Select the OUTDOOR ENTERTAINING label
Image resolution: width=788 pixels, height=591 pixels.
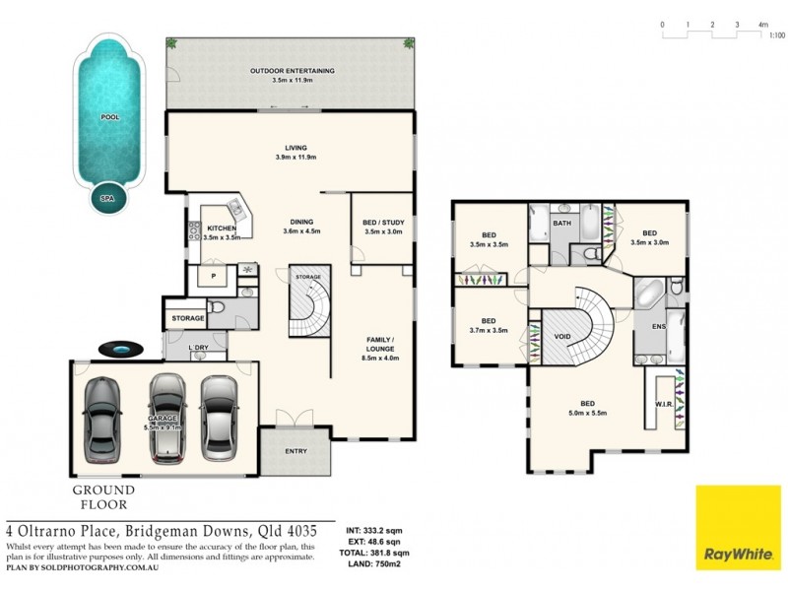point(292,71)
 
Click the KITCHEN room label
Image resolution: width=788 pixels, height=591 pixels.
point(221,229)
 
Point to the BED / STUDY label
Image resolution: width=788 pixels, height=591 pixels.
point(384,223)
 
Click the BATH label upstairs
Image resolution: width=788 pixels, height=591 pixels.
point(561,224)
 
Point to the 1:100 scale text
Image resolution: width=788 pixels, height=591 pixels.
point(776,35)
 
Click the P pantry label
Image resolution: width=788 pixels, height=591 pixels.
point(213,277)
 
